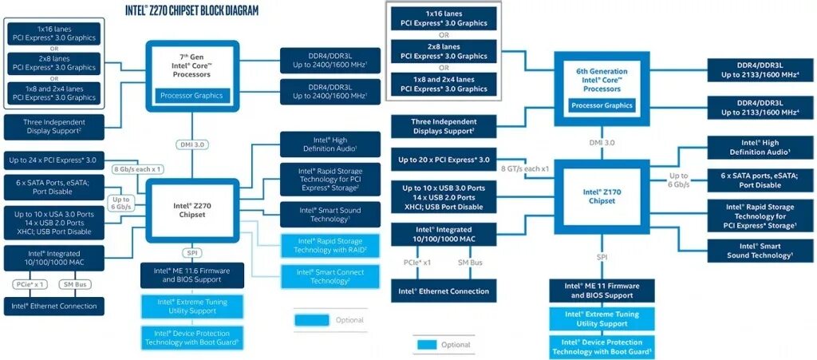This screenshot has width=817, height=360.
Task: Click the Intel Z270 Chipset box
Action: click(x=191, y=210)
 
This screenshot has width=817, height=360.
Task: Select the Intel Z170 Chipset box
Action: click(x=602, y=196)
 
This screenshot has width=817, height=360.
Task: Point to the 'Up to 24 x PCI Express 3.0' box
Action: click(x=53, y=160)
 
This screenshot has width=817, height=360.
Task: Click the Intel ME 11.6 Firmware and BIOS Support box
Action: click(x=191, y=275)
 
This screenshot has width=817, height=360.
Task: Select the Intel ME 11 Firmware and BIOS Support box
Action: click(x=602, y=291)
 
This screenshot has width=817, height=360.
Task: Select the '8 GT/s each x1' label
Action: click(x=523, y=169)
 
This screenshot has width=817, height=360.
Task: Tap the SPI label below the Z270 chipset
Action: click(x=191, y=252)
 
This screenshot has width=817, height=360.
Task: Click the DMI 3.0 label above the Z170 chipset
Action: click(x=602, y=142)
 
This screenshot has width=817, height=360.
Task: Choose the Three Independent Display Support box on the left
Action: click(x=53, y=125)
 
